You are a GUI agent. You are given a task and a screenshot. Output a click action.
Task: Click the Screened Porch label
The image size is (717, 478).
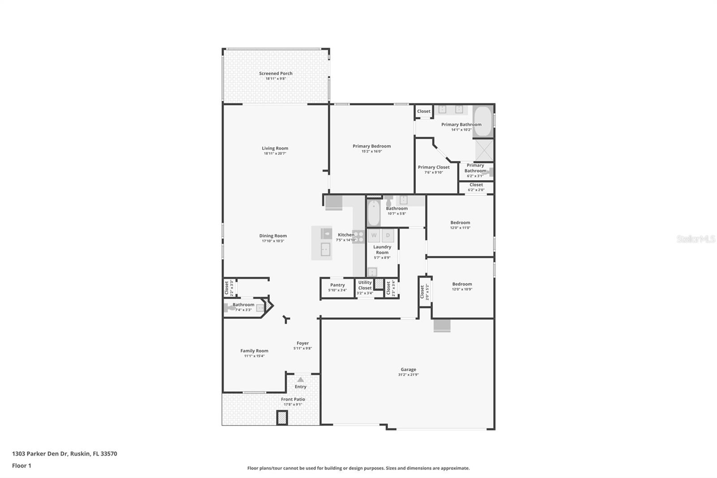(x=276, y=74)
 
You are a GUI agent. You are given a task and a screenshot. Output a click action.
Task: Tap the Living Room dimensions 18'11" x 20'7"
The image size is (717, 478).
(x=275, y=154)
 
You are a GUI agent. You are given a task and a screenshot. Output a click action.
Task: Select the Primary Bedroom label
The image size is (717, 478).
(x=371, y=146)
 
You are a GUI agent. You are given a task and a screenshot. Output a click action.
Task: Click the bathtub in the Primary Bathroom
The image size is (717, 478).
(x=483, y=121)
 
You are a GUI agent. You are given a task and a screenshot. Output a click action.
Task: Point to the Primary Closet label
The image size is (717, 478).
(x=433, y=167)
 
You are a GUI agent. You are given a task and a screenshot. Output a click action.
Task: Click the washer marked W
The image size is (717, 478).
(x=374, y=235)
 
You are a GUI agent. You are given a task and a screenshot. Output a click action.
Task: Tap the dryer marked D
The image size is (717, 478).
(x=388, y=235)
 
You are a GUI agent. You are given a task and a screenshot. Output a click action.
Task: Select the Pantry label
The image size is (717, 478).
(x=337, y=285)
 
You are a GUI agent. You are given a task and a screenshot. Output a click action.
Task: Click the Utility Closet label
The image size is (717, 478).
(x=365, y=285)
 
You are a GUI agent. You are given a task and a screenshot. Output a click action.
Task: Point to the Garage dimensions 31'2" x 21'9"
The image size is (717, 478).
(x=408, y=375)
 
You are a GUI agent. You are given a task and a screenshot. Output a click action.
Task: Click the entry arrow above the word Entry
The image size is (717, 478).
(x=300, y=380)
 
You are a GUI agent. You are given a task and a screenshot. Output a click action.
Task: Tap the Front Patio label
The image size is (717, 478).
(x=293, y=399)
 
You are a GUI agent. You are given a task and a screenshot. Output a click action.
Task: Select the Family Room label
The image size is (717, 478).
(x=254, y=351)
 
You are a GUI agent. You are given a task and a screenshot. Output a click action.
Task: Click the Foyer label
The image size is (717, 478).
(x=302, y=343)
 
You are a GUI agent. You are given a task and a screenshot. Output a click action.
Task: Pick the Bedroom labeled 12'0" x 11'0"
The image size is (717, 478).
(x=460, y=223)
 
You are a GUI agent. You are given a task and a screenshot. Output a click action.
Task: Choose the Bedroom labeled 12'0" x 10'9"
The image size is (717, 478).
(x=462, y=284)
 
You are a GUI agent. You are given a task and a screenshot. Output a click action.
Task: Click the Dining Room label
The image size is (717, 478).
(x=273, y=236)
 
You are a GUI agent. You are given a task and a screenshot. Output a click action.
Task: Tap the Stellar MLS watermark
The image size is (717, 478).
(x=695, y=239)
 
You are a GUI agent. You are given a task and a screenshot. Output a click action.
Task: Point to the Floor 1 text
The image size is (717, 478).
(x=22, y=466)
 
